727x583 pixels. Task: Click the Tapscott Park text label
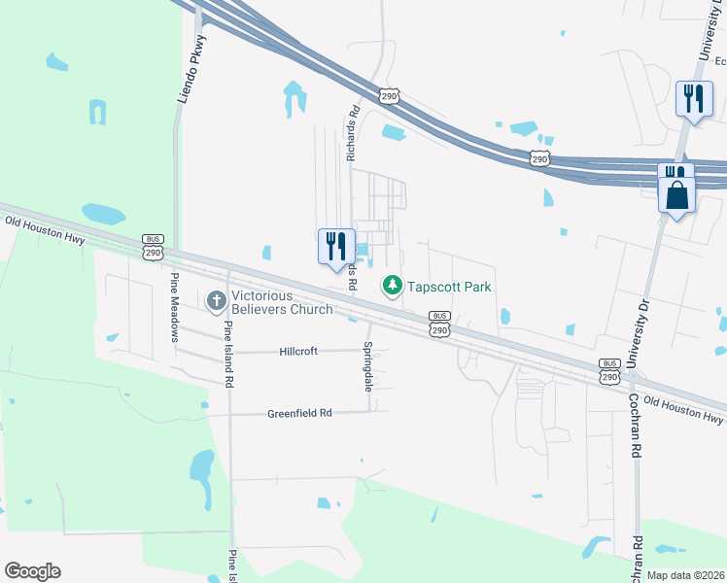click(x=448, y=287)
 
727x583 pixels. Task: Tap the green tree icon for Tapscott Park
click(x=392, y=286)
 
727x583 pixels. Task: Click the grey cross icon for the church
click(x=215, y=301)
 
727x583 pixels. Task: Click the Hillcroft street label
click(x=298, y=351)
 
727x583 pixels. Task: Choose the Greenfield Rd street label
click(x=299, y=413)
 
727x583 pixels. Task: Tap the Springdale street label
click(x=368, y=366)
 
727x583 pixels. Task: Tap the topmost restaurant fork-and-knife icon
click(x=694, y=98)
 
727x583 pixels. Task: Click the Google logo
click(x=32, y=571)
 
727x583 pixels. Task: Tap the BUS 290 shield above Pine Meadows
click(x=153, y=247)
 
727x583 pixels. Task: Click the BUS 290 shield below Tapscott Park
click(x=439, y=325)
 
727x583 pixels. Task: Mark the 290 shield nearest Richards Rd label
click(x=389, y=96)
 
